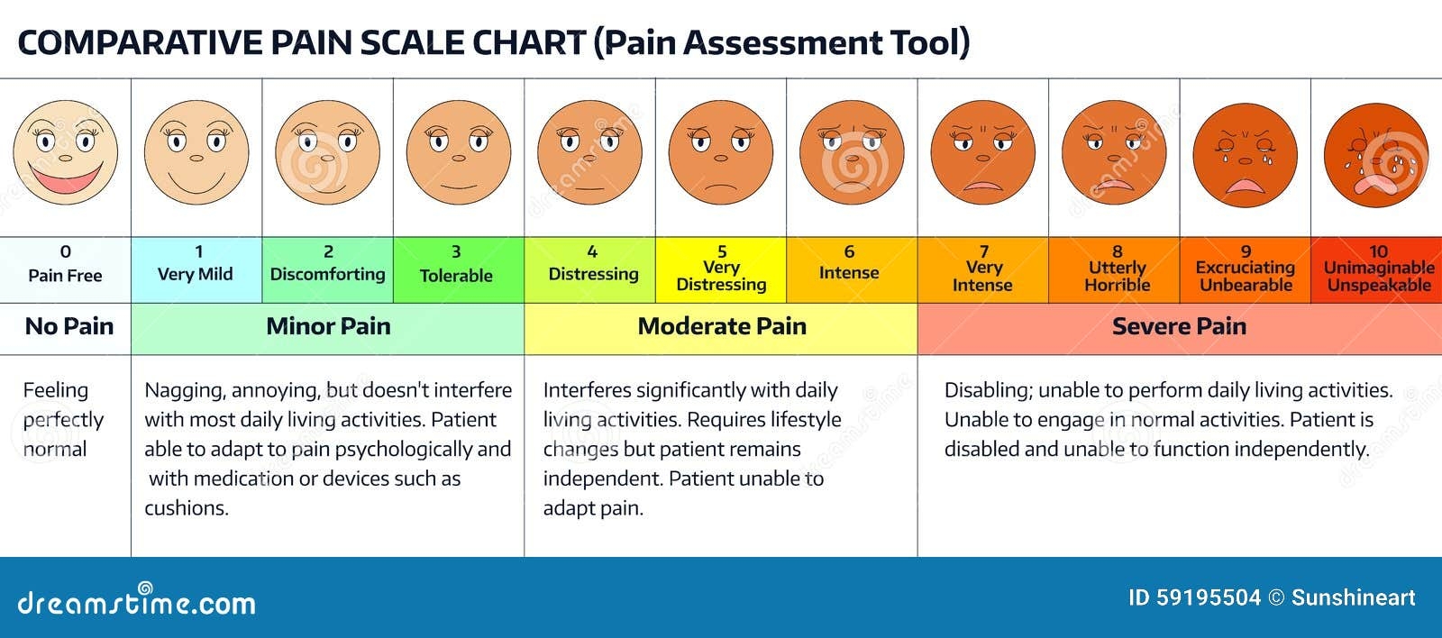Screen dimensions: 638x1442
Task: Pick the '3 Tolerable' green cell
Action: [x=457, y=269]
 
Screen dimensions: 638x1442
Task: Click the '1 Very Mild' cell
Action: [x=196, y=269]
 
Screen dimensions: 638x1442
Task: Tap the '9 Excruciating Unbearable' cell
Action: [x=1245, y=269]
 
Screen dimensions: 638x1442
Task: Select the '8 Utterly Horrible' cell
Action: [x=1116, y=269]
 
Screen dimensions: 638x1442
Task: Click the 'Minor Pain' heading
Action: [x=328, y=327]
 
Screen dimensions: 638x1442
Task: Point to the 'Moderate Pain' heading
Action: [x=721, y=327]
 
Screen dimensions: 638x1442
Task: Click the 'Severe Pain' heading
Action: [x=1179, y=327]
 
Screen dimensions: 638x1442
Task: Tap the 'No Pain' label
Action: [x=68, y=327]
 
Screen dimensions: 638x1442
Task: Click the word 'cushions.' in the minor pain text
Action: [x=187, y=508]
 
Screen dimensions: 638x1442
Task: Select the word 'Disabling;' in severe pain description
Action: [x=987, y=391]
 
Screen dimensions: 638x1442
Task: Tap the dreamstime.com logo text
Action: [x=135, y=603]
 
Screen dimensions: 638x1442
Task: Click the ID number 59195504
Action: [x=1209, y=598]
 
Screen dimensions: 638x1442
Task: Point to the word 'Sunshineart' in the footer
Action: [x=1353, y=598]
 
